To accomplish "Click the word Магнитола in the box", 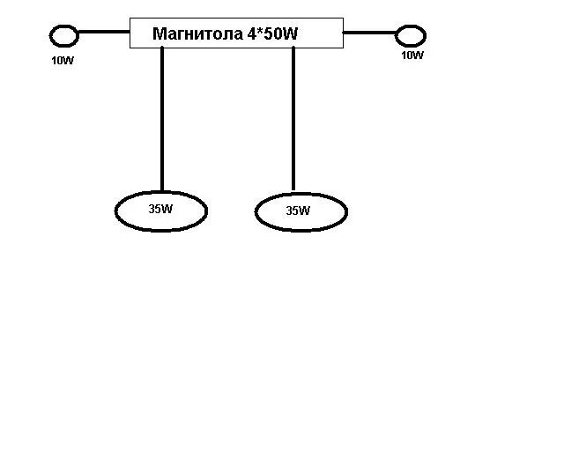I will tap(197, 34).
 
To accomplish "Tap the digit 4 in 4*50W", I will tap(253, 34).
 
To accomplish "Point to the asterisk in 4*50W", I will tap(261, 33).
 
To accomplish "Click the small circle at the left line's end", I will tap(64, 36).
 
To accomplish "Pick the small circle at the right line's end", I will tap(411, 36).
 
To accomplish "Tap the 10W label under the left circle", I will tap(63, 62).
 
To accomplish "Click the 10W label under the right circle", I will tap(412, 55).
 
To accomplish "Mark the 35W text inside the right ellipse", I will tap(299, 211).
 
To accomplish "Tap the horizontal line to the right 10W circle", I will tap(369, 33).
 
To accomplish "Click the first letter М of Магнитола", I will tap(159, 34).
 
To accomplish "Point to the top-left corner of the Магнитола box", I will tap(130, 18).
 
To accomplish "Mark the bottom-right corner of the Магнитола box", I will tap(342, 48).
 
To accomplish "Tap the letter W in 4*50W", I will tap(292, 34).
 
